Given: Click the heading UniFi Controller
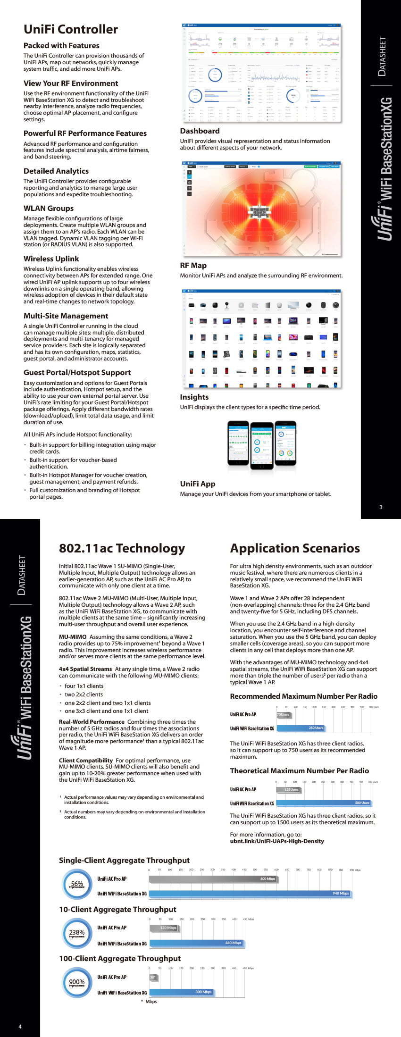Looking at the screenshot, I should [x=71, y=29].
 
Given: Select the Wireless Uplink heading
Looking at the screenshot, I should [x=51, y=259].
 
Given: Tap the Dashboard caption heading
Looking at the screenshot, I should [x=200, y=131].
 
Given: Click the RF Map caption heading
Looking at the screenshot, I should [x=193, y=265].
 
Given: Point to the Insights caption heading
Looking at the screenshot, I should [x=194, y=397].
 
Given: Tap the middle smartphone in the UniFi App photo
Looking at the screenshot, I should [x=261, y=444].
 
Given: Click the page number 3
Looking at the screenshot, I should [x=381, y=507].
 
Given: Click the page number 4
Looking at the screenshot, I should [x=20, y=1026].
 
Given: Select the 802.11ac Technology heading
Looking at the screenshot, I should [x=122, y=548].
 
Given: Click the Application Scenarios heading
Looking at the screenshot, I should [x=294, y=548].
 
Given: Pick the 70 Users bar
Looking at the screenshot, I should [x=283, y=715].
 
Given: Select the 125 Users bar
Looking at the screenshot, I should [x=288, y=789].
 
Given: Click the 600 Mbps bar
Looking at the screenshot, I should [x=213, y=878].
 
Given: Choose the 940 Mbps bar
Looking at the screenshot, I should [x=250, y=893].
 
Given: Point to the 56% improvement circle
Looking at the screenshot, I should [x=77, y=885].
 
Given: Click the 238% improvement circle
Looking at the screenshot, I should [x=77, y=933].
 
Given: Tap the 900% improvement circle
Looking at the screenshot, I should [x=77, y=982].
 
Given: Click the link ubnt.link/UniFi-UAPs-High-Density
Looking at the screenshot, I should [x=277, y=841].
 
